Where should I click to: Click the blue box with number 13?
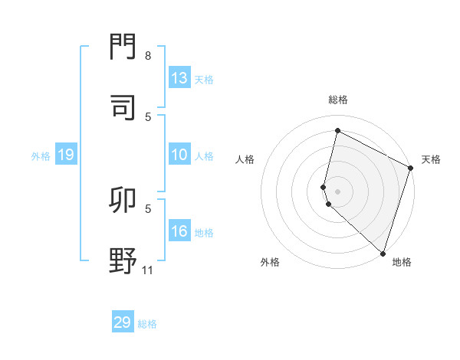pos(179,78)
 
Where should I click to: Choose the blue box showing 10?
pos(179,155)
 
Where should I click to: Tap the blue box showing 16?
pos(179,232)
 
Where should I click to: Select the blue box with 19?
pos(65,155)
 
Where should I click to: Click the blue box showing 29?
pos(123,322)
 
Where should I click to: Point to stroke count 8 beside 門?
pos(148,56)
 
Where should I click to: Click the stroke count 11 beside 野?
pos(149,270)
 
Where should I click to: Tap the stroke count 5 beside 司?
pos(148,116)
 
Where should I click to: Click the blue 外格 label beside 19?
pos(41,155)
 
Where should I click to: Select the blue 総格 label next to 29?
pos(147,323)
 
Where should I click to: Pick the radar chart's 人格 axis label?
pos(245,159)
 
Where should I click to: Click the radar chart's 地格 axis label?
pos(402,262)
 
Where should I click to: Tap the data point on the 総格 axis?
pos(337,131)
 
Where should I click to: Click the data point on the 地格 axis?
pos(383,253)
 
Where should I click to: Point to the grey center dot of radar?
pos(337,191)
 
